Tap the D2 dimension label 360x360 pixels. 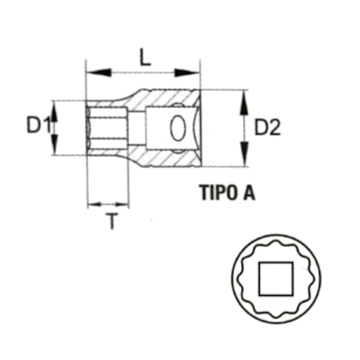[267, 126]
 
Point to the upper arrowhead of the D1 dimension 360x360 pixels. [56, 106]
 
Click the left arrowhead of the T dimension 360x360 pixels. [92, 204]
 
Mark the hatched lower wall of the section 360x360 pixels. [168, 159]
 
